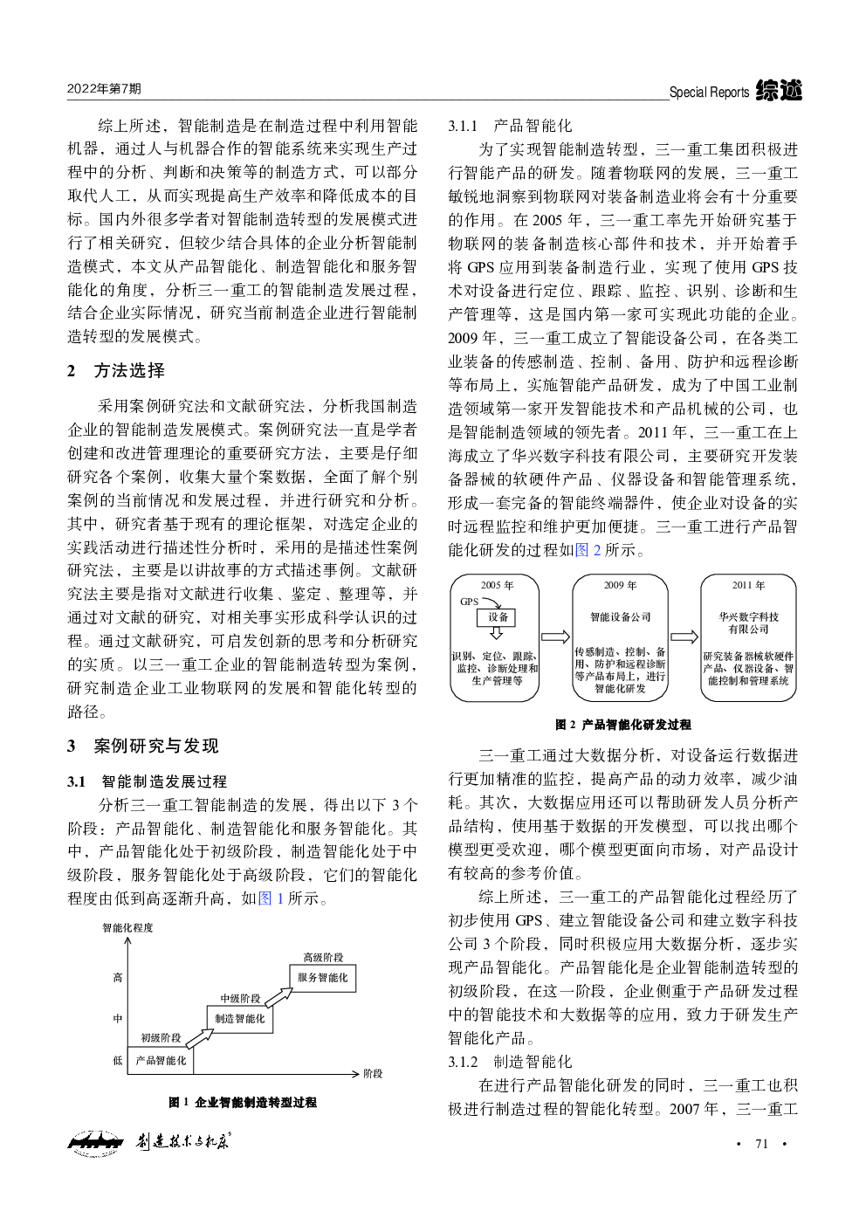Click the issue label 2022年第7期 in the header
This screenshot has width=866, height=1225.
click(104, 89)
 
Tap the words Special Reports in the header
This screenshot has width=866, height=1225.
click(709, 92)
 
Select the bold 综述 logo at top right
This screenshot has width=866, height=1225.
click(779, 90)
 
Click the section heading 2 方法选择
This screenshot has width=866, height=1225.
click(116, 370)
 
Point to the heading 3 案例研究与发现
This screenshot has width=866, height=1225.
click(143, 746)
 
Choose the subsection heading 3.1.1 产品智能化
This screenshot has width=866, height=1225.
click(511, 126)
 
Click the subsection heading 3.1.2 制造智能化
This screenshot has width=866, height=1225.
click(511, 1062)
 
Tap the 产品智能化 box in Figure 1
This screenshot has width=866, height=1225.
click(161, 1060)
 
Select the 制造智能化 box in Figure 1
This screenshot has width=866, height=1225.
click(239, 1018)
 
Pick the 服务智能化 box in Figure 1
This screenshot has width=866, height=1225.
click(322, 977)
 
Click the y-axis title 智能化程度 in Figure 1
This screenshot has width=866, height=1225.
click(127, 927)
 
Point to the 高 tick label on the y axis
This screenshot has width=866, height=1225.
click(118, 977)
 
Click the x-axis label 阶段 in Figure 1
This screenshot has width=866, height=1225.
click(373, 1073)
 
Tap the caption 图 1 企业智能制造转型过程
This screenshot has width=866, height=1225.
click(243, 1103)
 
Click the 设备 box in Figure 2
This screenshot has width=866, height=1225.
click(498, 617)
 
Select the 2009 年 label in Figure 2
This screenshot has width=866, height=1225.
click(621, 585)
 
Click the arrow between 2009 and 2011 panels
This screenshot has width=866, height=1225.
click(684, 637)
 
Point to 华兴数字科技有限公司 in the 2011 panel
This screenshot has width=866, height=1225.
click(748, 623)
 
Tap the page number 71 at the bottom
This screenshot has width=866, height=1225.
click(761, 1144)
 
